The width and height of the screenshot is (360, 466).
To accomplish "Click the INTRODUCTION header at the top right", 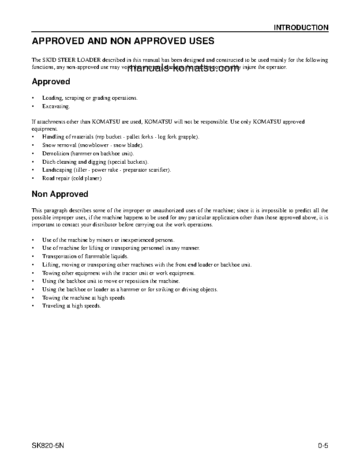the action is tap(301, 27).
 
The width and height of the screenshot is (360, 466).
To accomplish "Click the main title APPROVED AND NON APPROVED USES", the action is tap(123, 41).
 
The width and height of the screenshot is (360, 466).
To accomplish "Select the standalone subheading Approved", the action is tap(51, 82).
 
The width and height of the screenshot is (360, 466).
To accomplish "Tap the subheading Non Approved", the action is tap(60, 194).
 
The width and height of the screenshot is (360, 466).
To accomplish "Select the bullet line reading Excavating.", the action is tap(56, 106).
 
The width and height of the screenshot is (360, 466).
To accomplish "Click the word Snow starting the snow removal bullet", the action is tap(48, 145).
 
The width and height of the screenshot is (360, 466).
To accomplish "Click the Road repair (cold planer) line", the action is tap(72, 178).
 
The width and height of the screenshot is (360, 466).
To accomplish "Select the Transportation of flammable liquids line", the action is tap(85, 256).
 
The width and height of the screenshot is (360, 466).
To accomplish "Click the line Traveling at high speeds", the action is tap(71, 306).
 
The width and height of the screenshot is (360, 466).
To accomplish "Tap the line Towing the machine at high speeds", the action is tap(83, 298).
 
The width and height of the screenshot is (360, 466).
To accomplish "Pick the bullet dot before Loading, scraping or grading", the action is tap(34, 98).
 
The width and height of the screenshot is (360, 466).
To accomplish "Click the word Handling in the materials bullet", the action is tap(52, 137).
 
